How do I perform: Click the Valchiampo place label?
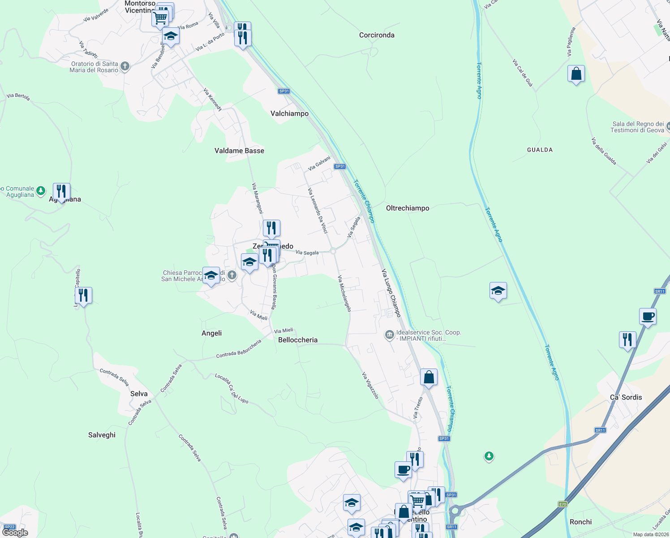point(289,114)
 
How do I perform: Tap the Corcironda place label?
point(377,35)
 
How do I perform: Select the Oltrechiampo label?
point(408,208)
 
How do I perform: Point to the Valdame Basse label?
point(239,151)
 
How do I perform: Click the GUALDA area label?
point(540,150)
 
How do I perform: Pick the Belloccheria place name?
point(298,340)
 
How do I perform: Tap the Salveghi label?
point(102,435)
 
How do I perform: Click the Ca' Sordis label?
point(626,397)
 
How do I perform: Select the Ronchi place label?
point(580,522)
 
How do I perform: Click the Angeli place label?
point(211,333)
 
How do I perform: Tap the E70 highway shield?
point(563,504)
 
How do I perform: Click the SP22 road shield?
point(9,527)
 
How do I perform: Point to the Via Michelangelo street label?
point(345,294)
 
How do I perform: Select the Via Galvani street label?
point(319,163)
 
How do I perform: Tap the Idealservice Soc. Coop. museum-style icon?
point(389,335)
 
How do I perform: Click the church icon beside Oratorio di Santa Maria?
point(125,67)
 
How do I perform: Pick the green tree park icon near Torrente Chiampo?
point(489,456)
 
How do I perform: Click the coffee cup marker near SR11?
point(648,317)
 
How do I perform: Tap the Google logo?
point(15,533)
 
